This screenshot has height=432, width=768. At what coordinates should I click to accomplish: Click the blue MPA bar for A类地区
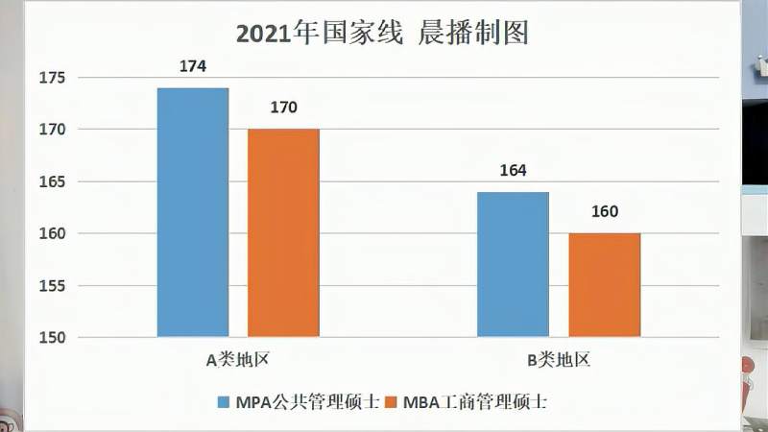coord(193,212)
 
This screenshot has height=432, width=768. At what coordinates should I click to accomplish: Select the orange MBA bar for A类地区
coord(283,232)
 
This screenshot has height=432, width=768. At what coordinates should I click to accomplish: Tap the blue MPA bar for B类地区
coord(513,264)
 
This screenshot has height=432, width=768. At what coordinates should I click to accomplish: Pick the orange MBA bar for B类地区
coord(604,285)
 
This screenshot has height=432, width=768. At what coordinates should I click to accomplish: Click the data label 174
coord(193,67)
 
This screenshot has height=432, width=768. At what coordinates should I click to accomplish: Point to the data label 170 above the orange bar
coord(283,108)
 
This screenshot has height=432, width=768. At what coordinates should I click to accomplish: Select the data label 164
coord(513,172)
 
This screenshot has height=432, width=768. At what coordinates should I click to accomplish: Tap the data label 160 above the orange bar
coord(604,212)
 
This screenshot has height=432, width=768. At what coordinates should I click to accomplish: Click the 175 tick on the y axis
coord(51,77)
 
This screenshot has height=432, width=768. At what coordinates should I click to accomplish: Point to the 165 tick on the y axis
coord(51,181)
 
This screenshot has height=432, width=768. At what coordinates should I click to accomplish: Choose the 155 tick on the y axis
coord(51,285)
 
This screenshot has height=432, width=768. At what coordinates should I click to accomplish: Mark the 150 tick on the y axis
coord(51,337)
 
